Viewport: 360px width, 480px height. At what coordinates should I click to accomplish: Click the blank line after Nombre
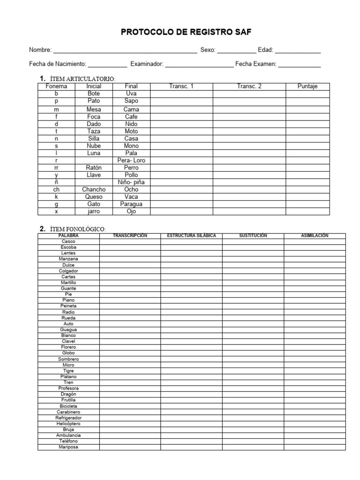[x=125, y=50]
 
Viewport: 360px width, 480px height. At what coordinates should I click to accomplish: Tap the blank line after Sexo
[x=237, y=50]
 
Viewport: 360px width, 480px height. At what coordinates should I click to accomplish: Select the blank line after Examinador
[x=199, y=64]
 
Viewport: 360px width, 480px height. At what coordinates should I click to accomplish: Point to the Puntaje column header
[x=307, y=86]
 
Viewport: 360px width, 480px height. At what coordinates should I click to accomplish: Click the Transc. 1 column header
[x=181, y=86]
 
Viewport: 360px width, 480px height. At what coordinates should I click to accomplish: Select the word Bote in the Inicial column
[x=94, y=94]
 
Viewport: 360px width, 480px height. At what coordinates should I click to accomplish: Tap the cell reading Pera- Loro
[x=131, y=160]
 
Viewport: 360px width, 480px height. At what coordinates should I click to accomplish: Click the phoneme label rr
[x=56, y=167]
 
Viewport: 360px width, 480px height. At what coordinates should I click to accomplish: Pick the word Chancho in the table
[x=94, y=189]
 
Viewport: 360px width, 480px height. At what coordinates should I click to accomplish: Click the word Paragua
[x=131, y=204]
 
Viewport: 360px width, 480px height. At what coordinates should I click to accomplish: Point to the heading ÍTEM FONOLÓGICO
[x=78, y=229]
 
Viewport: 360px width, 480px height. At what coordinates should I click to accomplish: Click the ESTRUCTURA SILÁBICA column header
[x=191, y=235]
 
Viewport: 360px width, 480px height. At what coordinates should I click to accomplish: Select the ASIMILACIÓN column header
[x=315, y=235]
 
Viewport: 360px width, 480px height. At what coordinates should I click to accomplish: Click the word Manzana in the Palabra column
[x=68, y=259]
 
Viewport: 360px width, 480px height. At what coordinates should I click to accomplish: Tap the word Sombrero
[x=68, y=359]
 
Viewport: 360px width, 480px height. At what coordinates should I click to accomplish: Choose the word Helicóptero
[x=68, y=424]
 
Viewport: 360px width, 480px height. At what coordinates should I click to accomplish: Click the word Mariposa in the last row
[x=68, y=447]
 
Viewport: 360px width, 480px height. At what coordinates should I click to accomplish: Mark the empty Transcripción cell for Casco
[x=130, y=241]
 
